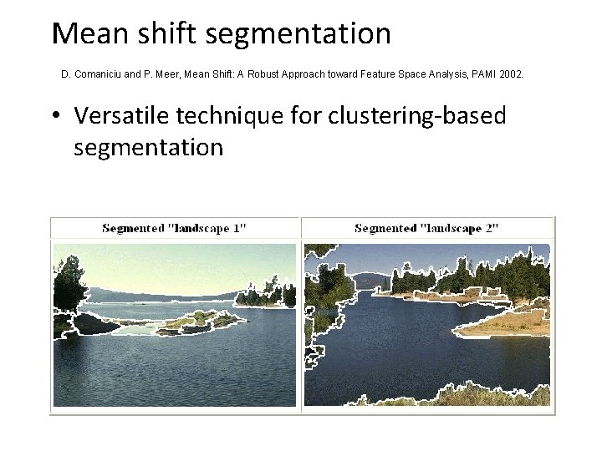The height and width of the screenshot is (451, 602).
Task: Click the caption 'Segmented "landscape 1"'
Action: pyautogui.click(x=174, y=228)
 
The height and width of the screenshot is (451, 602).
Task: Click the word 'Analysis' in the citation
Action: pyautogui.click(x=433, y=74)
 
